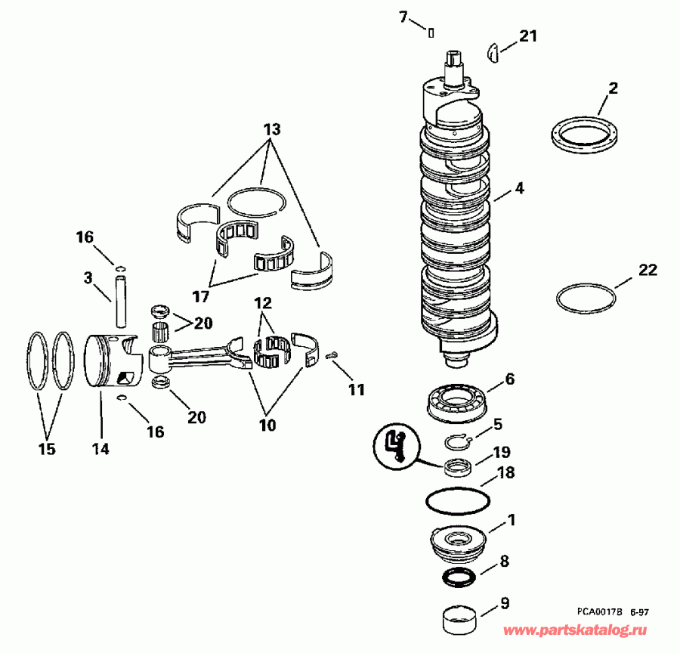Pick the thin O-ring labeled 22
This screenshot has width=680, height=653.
point(585,299)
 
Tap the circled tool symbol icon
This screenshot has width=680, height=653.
point(397,447)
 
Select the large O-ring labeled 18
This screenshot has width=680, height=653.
point(456,500)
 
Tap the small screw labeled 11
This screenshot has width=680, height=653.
point(332,355)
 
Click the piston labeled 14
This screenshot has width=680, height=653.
point(110,363)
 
